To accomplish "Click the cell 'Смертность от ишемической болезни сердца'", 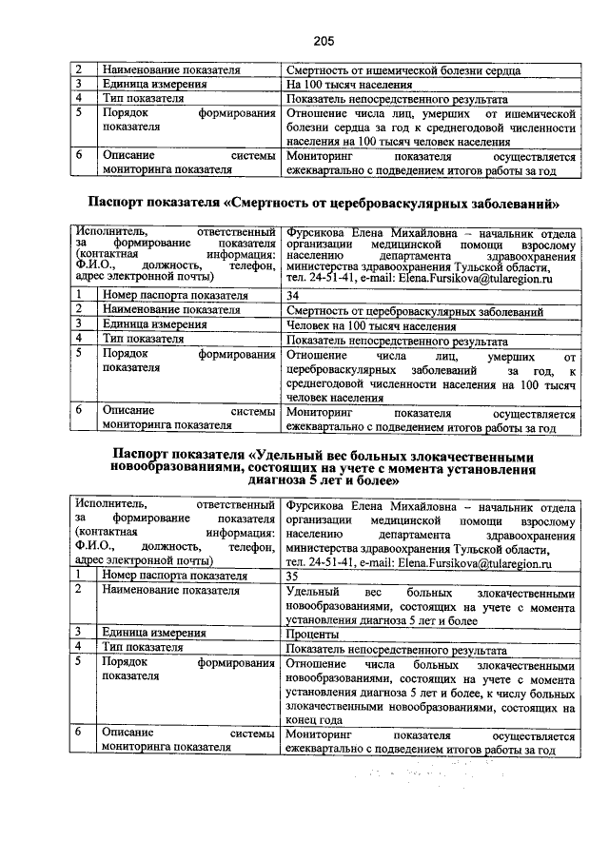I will (x=403, y=70).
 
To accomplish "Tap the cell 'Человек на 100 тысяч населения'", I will (x=370, y=325).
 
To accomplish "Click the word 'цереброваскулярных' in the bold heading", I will (x=384, y=203).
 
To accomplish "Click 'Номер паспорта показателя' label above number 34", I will (x=175, y=296).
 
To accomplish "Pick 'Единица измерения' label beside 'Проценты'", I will (x=154, y=633).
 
